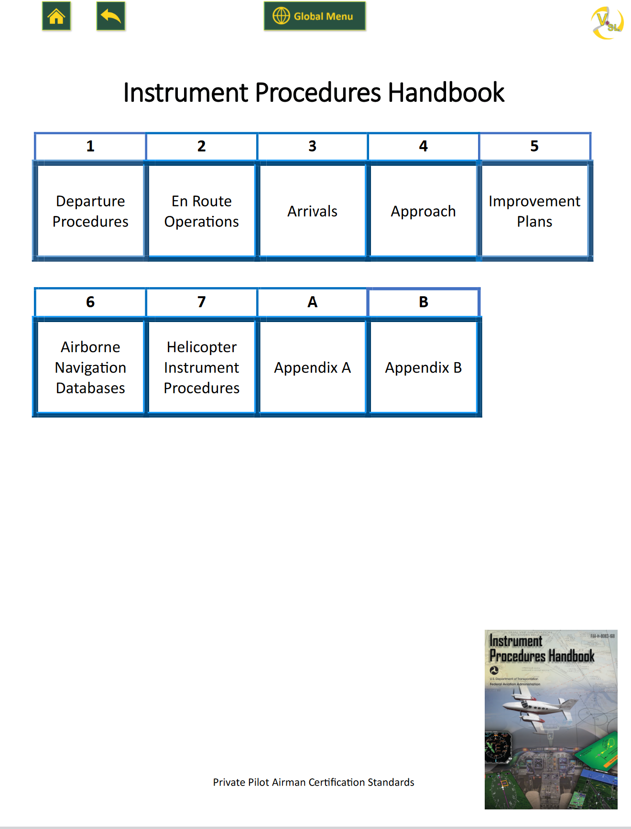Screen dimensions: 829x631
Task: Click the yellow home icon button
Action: tap(56, 17)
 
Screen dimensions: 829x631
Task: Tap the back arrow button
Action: tap(111, 17)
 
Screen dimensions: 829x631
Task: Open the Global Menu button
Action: tap(315, 16)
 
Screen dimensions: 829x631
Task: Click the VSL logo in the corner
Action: tap(607, 22)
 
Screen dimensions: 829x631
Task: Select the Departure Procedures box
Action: tap(90, 211)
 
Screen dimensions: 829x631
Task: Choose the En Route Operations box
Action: tap(201, 211)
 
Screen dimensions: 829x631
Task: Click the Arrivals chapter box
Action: tap(312, 211)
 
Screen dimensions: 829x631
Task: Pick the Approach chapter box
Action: tap(423, 211)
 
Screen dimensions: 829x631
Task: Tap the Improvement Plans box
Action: tap(534, 211)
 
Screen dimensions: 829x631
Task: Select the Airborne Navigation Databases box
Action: tap(90, 367)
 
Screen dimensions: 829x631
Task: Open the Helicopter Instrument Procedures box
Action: tap(201, 367)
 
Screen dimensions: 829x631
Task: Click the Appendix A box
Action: tap(312, 367)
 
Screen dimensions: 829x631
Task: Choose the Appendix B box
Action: tap(423, 367)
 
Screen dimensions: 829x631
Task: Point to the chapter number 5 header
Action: tap(534, 146)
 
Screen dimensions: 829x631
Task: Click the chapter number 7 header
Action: tap(201, 302)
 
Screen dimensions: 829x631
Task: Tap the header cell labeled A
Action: tap(312, 302)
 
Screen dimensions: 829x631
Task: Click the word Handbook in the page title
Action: tap(446, 93)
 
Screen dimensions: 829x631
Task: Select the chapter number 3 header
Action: tap(312, 146)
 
